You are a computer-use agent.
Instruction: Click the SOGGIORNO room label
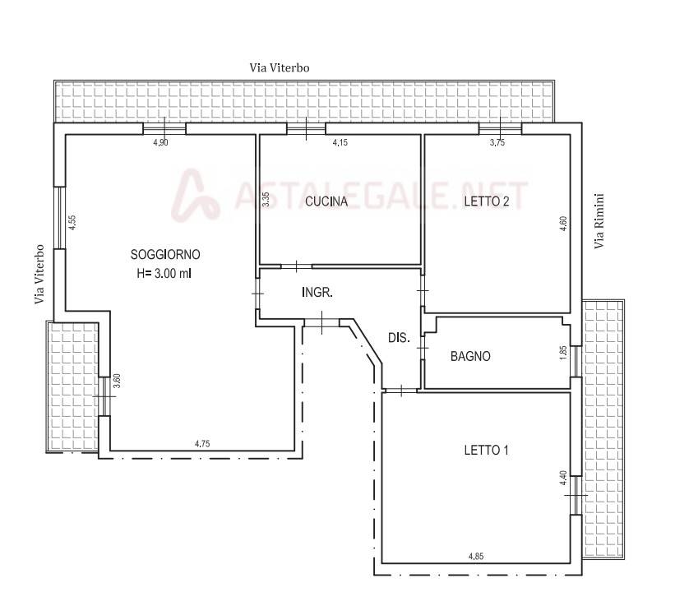165,254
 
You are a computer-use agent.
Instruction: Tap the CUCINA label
326,201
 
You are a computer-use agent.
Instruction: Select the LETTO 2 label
487,201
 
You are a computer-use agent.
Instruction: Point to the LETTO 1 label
487,451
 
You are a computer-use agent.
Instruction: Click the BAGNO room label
470,356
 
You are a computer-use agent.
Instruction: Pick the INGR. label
317,293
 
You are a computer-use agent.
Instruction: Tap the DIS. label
399,338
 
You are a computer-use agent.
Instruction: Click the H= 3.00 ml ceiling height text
164,273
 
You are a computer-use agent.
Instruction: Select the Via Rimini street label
599,221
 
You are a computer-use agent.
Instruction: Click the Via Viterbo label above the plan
280,67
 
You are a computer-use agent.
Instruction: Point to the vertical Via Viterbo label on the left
39,275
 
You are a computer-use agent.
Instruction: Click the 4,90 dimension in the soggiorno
160,142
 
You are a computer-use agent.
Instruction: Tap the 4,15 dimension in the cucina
340,142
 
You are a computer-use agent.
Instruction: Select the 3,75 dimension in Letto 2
497,142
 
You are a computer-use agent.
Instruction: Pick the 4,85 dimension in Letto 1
476,556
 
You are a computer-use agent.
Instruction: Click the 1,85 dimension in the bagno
563,353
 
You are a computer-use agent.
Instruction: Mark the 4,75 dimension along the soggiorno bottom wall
202,443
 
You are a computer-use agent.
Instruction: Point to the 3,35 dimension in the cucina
266,199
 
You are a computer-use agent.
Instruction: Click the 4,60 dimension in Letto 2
563,224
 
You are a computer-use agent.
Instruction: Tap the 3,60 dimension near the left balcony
116,381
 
